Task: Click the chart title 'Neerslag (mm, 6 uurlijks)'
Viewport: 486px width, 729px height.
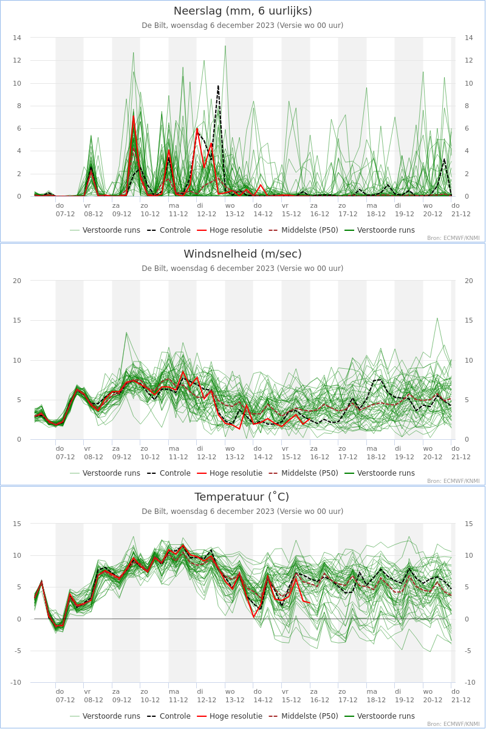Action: click(242, 11)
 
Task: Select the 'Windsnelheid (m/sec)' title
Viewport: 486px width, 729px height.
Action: click(242, 254)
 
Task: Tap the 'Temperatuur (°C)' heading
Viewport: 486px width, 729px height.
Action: click(242, 497)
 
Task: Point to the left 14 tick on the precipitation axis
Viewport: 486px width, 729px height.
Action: click(17, 38)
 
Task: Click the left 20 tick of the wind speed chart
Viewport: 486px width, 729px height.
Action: click(17, 281)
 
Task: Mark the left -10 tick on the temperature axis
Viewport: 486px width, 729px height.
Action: click(16, 682)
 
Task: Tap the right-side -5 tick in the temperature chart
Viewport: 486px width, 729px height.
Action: click(468, 651)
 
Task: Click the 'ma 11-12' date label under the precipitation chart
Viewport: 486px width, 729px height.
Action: click(178, 210)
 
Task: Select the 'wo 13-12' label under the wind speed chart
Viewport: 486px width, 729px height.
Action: click(234, 453)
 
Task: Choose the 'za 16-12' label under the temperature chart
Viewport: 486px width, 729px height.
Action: click(320, 696)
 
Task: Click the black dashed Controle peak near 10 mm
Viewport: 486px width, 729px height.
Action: click(218, 86)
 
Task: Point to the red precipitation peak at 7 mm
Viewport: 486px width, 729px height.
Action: click(134, 116)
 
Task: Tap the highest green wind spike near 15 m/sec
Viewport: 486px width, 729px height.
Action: click(437, 318)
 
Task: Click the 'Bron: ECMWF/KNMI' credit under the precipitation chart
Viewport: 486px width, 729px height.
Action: click(453, 238)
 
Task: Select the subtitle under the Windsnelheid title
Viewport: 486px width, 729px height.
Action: click(242, 269)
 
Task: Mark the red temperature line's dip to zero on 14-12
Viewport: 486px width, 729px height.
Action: click(253, 617)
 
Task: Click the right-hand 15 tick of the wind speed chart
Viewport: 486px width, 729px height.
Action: click(469, 321)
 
